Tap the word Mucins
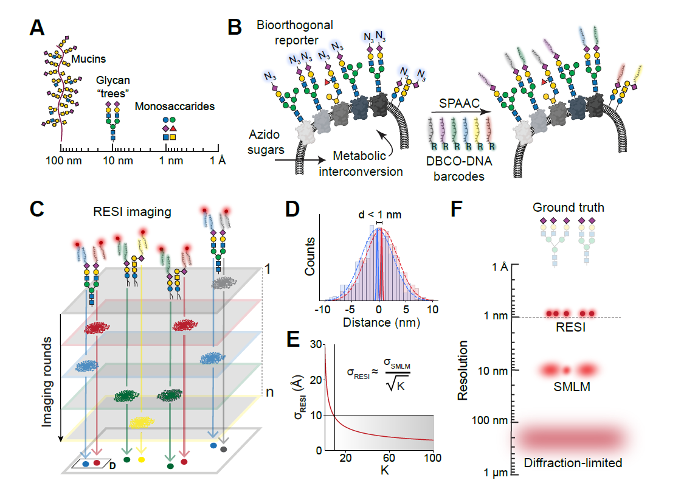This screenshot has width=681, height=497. pyautogui.click(x=89, y=59)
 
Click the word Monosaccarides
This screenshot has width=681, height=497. pyautogui.click(x=184, y=106)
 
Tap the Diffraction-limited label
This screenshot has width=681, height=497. pyautogui.click(x=573, y=463)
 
